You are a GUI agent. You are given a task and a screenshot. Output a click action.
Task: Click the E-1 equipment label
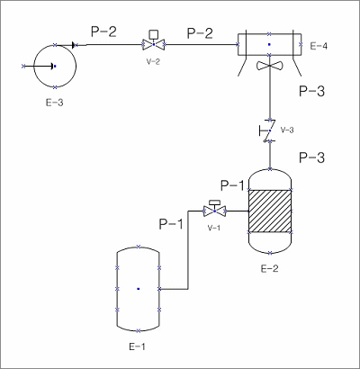pyautogui.click(x=137, y=346)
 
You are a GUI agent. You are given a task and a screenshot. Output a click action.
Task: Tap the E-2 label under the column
pyautogui.click(x=269, y=268)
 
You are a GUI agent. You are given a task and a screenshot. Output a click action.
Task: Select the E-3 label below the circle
pyautogui.click(x=55, y=103)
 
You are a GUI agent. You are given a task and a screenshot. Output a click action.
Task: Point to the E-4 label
pyautogui.click(x=319, y=46)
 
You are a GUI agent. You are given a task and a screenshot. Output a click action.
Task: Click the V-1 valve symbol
pyautogui.click(x=214, y=211)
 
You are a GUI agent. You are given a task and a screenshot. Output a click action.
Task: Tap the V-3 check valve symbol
pyautogui.click(x=268, y=130)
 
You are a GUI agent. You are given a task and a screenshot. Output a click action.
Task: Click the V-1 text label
pyautogui.click(x=214, y=228)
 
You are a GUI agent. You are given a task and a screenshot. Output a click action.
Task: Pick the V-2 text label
pyautogui.click(x=153, y=62)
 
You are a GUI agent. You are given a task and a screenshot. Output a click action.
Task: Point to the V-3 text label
pyautogui.click(x=287, y=130)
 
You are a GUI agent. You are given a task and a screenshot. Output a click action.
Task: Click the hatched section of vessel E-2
pyautogui.click(x=270, y=211)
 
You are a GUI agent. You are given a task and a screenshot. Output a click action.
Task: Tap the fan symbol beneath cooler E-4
pyautogui.click(x=269, y=66)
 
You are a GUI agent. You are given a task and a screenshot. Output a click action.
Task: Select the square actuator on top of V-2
pyautogui.click(x=154, y=34)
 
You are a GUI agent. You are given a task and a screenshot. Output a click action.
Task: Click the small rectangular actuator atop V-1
pyautogui.click(x=214, y=202)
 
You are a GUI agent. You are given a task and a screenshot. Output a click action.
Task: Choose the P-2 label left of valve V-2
pyautogui.click(x=103, y=31)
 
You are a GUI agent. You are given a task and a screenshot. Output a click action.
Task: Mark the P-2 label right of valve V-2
pyautogui.click(x=200, y=33)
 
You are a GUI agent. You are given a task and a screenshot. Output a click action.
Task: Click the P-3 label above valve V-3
pyautogui.click(x=312, y=91)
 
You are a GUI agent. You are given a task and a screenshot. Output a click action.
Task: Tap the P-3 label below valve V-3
pyautogui.click(x=312, y=157)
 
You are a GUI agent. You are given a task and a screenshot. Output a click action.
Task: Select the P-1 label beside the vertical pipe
pyautogui.click(x=171, y=224)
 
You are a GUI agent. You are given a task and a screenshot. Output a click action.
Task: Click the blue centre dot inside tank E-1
pyautogui.click(x=139, y=289)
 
